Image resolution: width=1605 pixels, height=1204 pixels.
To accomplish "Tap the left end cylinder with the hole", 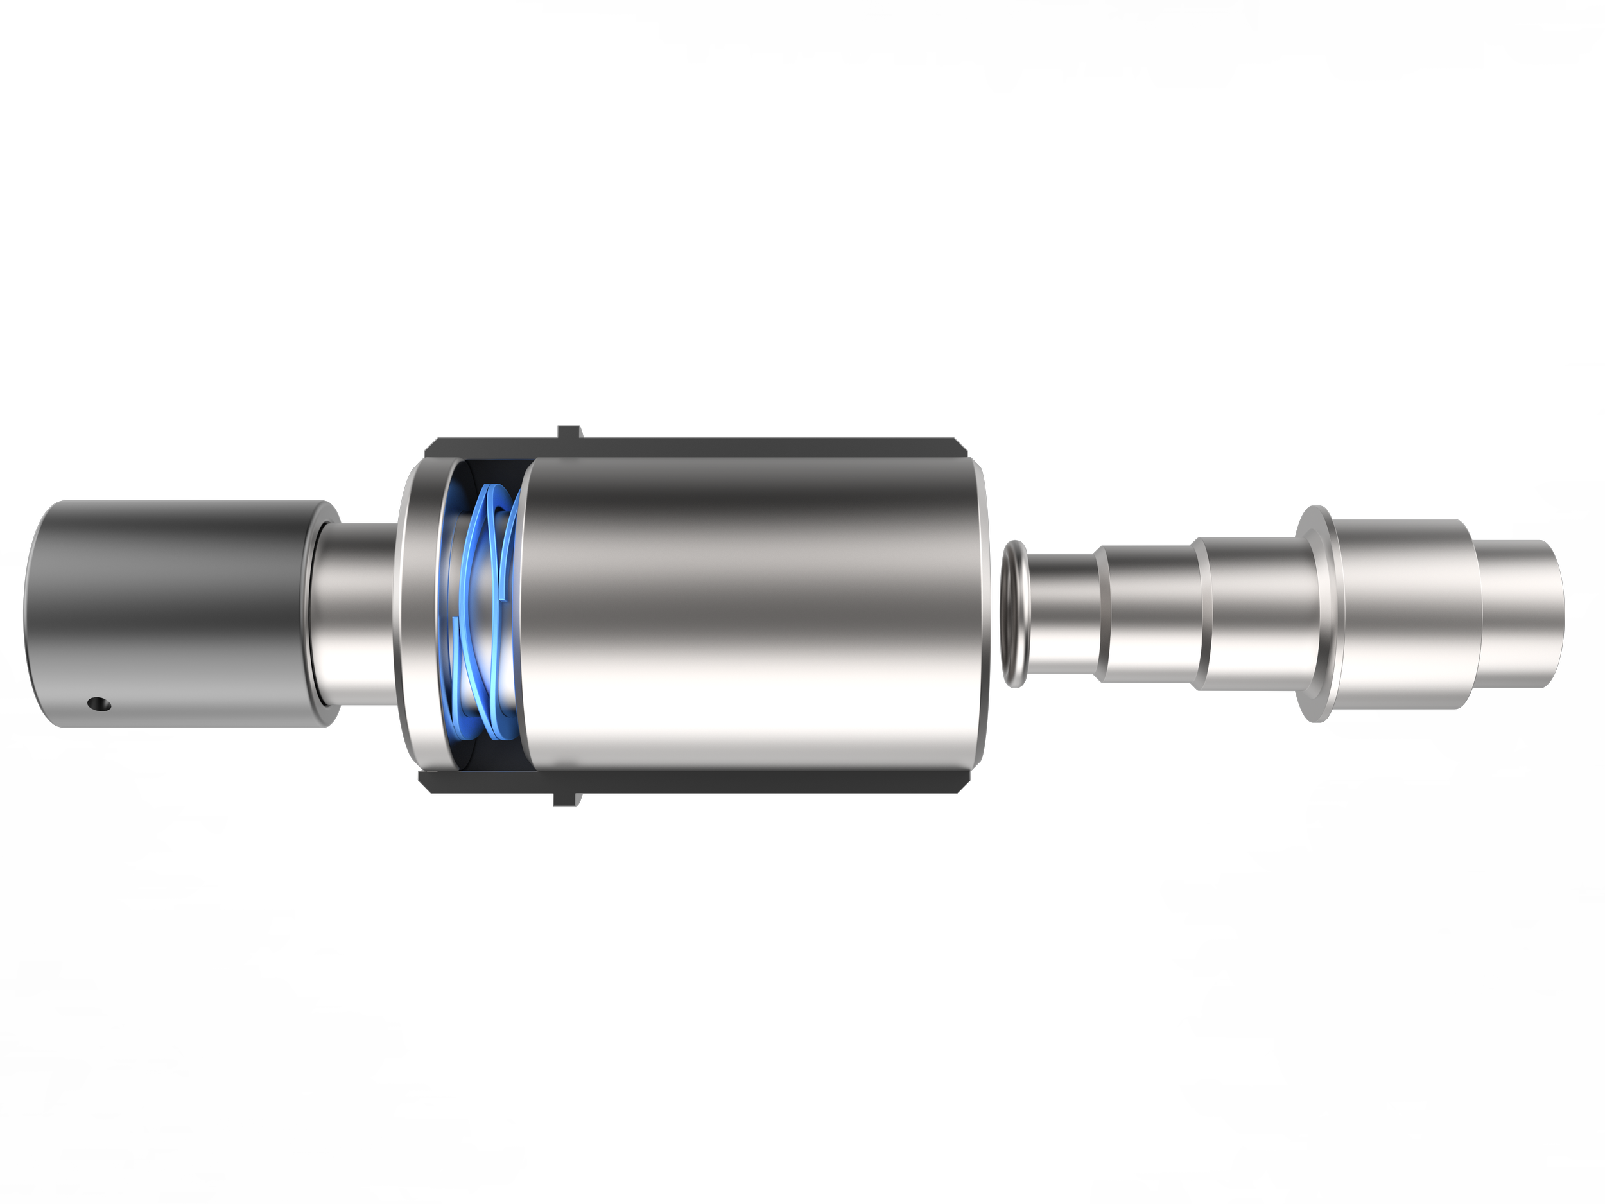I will pyautogui.click(x=167, y=617).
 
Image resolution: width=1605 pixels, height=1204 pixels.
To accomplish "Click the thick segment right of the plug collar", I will pyautogui.click(x=1400, y=617).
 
